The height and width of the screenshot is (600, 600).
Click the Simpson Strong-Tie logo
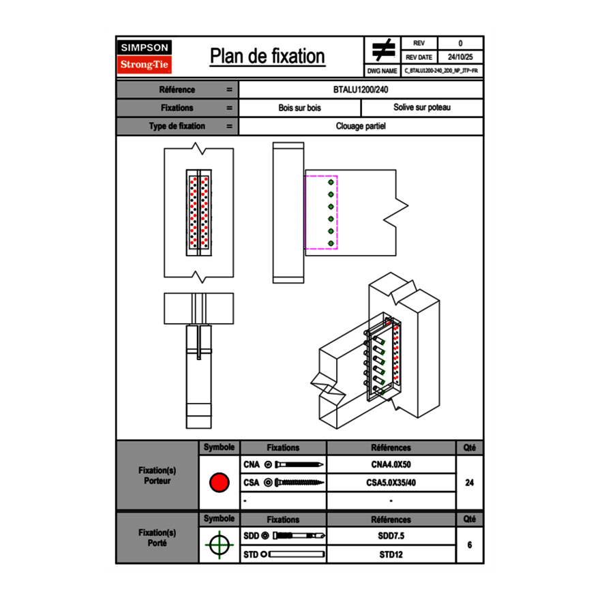pos(145,57)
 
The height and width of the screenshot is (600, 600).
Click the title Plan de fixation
pos(267,56)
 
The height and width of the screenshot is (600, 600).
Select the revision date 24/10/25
pos(460,57)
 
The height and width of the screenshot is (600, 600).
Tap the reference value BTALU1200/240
pos(361,90)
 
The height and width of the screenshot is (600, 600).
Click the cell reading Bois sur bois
pos(299,108)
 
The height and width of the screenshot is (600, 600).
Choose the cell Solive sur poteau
pos(421,108)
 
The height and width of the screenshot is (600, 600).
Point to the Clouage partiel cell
pos(361,126)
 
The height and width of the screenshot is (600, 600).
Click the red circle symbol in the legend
pos(219,483)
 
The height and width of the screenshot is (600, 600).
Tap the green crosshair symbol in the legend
pos(219,545)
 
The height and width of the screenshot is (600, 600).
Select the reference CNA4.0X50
pos(391,465)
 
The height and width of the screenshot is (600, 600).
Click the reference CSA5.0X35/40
pos(391,483)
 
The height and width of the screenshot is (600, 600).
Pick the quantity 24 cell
pos(469,483)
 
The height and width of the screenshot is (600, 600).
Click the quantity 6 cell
pos(469,545)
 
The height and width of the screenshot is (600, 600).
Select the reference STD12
pos(391,554)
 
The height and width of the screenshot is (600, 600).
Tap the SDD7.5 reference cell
pos(391,536)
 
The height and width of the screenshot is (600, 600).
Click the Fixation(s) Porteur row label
pos(157,476)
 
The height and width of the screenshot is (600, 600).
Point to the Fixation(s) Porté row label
pos(157,538)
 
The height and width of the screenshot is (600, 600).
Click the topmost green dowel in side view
pos(331,183)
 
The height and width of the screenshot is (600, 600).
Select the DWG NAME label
pos(382,71)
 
